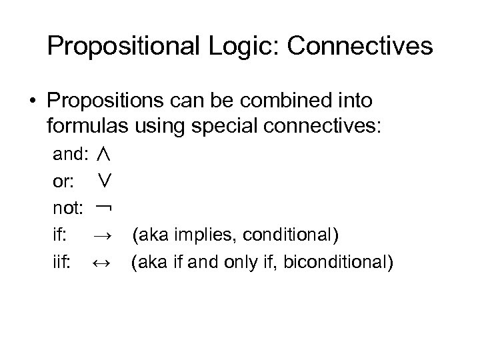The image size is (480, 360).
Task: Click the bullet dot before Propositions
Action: point(32,101)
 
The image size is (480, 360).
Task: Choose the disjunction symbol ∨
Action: point(103,181)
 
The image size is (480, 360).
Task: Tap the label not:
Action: point(68,209)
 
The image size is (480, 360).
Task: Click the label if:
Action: point(59,235)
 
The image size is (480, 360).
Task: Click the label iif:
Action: point(61,262)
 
